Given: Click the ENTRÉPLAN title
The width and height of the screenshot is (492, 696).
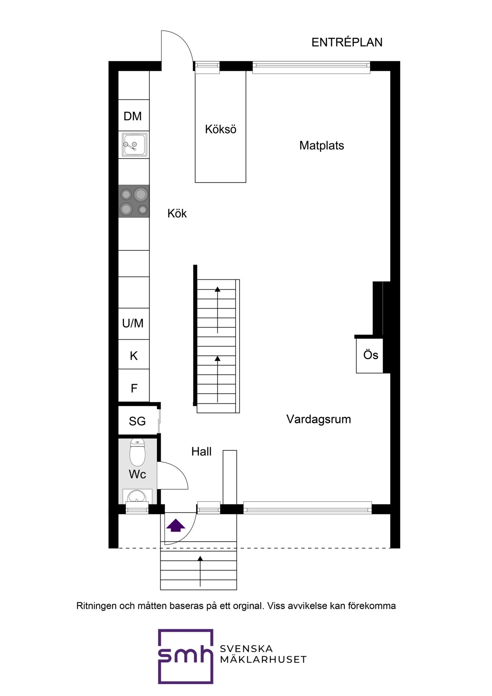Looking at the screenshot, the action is click(x=347, y=42).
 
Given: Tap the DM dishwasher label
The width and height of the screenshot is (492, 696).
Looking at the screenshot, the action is click(x=133, y=116).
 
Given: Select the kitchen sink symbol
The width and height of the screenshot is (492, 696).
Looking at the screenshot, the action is click(x=134, y=145).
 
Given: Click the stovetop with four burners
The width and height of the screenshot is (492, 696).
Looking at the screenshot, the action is click(x=134, y=201).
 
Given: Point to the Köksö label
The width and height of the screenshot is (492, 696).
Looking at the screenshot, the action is click(x=221, y=129).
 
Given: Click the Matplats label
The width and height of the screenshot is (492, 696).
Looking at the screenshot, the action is click(x=322, y=146).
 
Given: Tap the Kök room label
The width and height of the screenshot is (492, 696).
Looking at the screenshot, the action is click(x=177, y=213).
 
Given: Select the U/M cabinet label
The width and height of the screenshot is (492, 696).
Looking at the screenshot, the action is click(x=133, y=323).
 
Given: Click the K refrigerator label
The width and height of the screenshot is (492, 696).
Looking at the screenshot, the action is click(x=134, y=356).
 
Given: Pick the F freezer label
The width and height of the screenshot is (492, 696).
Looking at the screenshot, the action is click(x=134, y=389).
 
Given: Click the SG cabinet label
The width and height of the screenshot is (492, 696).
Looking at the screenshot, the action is click(x=137, y=422).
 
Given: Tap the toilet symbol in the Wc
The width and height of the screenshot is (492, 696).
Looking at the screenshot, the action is click(x=138, y=452).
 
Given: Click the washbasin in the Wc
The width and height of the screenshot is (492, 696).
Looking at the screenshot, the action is click(x=137, y=496).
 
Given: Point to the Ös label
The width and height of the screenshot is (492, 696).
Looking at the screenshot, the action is click(x=371, y=355).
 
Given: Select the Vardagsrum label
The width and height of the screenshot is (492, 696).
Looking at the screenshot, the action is click(x=319, y=419).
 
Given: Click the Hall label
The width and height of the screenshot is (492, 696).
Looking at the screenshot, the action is click(x=201, y=452).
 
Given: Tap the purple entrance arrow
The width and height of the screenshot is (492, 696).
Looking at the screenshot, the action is click(x=176, y=525).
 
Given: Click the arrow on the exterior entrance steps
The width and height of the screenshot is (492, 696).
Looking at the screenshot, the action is click(x=200, y=571).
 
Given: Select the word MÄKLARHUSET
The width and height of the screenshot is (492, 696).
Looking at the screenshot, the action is click(x=263, y=659).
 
